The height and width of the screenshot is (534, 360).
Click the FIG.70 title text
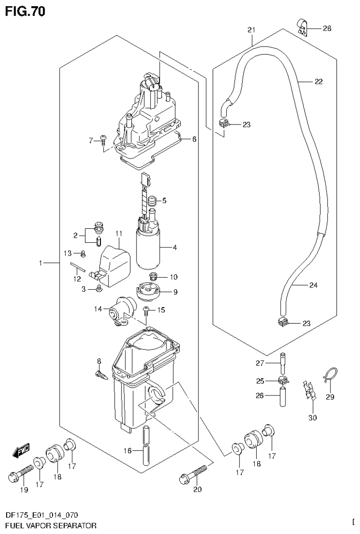tap(25, 12)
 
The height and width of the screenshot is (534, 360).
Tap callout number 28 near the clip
tap(327, 29)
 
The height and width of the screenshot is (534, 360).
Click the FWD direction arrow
tap(21, 451)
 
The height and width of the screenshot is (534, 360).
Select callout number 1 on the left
tap(42, 264)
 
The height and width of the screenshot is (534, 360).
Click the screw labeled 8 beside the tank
tap(101, 374)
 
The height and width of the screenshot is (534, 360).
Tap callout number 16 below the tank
tap(127, 451)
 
